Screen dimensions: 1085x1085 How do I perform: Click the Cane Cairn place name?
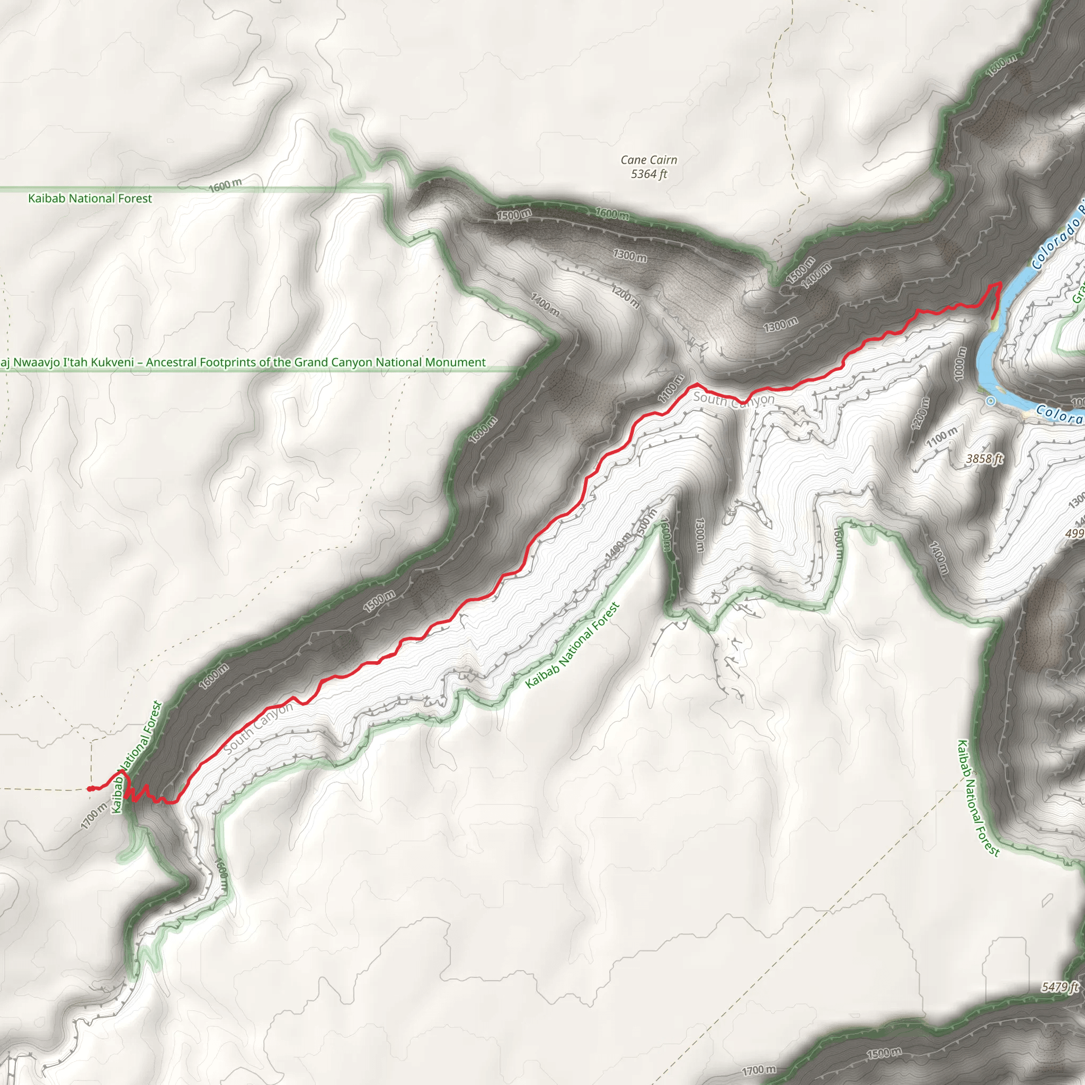tap(648, 160)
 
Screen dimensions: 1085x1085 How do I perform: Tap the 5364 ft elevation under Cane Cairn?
tap(648, 174)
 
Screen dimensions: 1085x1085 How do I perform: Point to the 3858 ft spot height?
tap(984, 459)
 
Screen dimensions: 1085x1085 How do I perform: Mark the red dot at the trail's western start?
tap(91, 788)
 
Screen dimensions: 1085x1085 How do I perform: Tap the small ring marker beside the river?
tap(991, 401)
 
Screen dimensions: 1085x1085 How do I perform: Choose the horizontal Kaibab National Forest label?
tap(90, 198)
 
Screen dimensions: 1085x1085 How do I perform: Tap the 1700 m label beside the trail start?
tap(93, 816)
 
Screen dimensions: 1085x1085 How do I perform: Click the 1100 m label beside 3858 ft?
tap(942, 437)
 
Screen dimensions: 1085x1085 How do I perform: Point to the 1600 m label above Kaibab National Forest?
tap(226, 185)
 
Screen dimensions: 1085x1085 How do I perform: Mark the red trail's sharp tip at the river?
tap(1000, 284)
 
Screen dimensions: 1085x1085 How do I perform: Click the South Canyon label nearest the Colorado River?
tap(733, 399)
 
